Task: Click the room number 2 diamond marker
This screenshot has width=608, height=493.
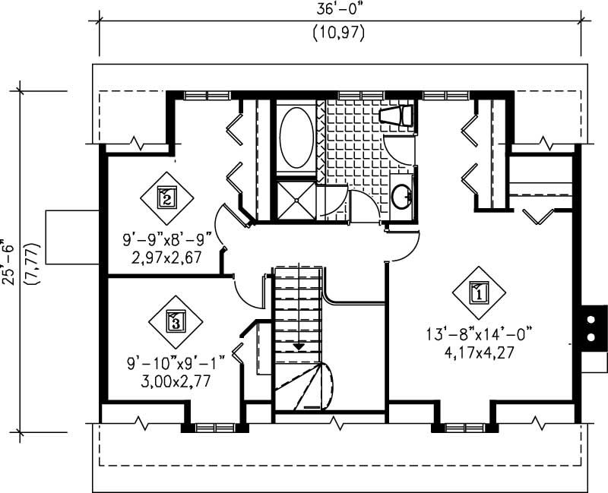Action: coord(166,198)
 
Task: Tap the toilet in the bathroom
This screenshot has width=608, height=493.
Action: coord(396,115)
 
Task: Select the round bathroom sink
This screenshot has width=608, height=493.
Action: coord(402,197)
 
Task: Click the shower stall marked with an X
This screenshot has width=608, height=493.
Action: coord(295,201)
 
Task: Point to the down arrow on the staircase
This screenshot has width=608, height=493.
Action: coord(299,346)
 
